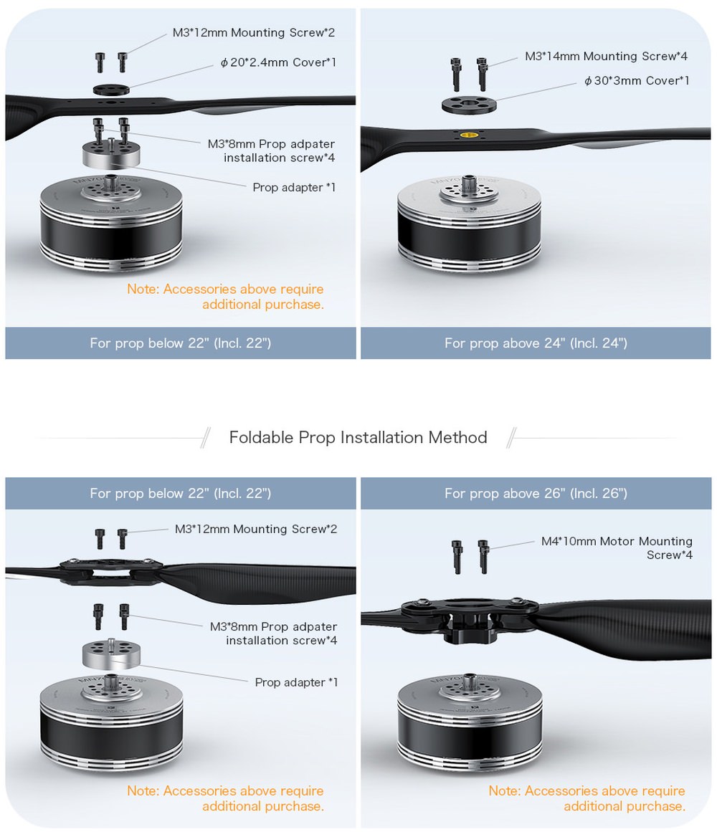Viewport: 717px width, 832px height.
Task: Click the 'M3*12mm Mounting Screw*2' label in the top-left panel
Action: coord(254,33)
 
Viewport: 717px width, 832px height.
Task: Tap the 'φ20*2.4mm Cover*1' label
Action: coord(278,62)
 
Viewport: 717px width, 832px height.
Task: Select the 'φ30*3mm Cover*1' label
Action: coord(636,81)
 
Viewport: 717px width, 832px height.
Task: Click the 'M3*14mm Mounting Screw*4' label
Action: coord(606,56)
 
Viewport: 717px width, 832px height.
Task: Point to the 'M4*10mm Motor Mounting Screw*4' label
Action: coord(617,548)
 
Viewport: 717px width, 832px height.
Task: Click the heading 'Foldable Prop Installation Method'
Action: coord(358,437)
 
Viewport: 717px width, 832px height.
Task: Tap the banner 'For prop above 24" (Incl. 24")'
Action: coord(536,343)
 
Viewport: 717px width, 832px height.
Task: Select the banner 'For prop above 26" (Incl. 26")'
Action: coord(536,494)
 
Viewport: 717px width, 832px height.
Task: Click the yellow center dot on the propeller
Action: coord(469,135)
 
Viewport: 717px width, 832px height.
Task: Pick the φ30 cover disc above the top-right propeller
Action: coord(469,105)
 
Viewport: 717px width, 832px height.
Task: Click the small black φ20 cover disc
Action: coord(111,89)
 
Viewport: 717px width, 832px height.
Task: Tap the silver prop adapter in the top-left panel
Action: coord(111,154)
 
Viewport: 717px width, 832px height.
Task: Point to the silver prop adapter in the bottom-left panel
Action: coord(111,654)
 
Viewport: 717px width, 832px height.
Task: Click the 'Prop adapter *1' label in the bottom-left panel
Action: coord(296,682)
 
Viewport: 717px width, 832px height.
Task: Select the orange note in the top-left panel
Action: coord(226,297)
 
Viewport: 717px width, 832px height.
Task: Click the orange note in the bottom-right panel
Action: coord(587,798)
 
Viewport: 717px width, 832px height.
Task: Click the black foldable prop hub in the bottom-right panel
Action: coord(470,618)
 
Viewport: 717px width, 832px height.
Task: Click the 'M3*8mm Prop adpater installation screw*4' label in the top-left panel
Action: coord(271,150)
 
